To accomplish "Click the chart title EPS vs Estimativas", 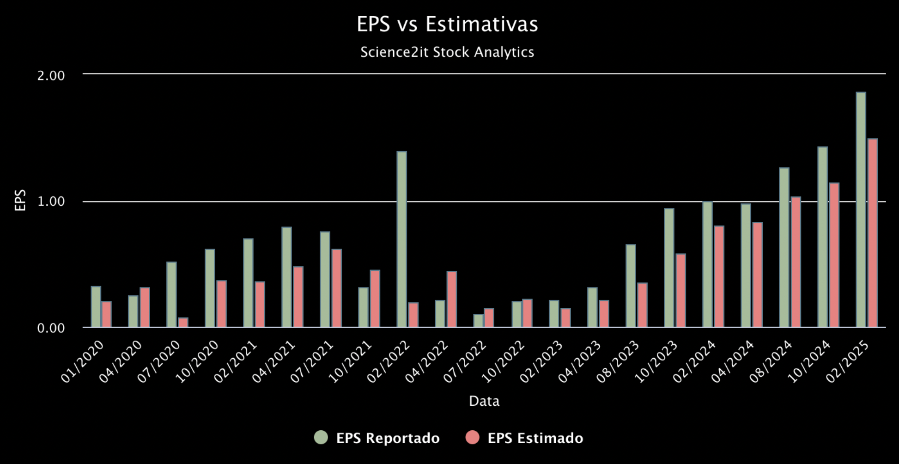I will [447, 24].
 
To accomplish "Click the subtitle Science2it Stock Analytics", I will [447, 52].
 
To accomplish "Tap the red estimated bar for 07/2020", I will [183, 322].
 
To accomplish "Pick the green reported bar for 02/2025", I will [861, 210].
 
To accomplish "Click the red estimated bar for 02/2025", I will [873, 233].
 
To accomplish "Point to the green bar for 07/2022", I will [479, 321].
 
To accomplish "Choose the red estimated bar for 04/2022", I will [452, 299].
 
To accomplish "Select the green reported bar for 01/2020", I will [96, 307].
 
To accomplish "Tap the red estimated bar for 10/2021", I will [375, 299].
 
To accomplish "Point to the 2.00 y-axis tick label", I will [51, 75].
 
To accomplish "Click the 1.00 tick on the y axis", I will [51, 201].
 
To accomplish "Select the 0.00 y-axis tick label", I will [51, 328].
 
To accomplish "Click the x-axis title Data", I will [484, 401].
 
